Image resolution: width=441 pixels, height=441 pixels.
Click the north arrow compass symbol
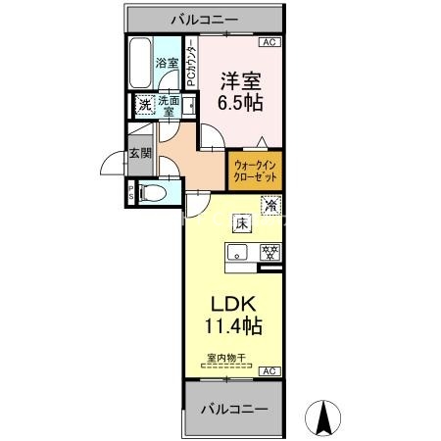[x=322, y=417]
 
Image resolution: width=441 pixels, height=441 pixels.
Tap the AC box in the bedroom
[x=269, y=42]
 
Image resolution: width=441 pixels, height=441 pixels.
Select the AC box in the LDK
[x=269, y=371]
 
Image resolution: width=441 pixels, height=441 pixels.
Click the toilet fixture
[x=153, y=193]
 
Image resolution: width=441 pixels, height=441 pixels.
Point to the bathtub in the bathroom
[x=140, y=63]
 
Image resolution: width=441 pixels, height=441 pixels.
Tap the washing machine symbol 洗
[x=145, y=105]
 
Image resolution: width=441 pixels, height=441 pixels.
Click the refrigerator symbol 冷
[x=270, y=205]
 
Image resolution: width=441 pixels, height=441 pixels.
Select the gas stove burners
[x=270, y=252]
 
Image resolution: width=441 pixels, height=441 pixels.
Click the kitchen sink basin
[x=237, y=253]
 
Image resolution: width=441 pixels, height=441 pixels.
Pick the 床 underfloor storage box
[x=242, y=223]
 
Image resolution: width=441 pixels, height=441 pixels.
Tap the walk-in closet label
[x=256, y=171]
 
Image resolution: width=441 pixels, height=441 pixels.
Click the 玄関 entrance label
[x=140, y=153]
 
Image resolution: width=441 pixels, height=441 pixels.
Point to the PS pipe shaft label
[x=131, y=193]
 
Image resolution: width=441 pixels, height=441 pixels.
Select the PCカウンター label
[x=192, y=64]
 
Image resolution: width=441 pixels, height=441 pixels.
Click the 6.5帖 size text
[x=240, y=103]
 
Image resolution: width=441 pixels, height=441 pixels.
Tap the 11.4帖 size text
[x=233, y=325]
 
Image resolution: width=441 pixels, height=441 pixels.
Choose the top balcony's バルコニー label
[x=205, y=20]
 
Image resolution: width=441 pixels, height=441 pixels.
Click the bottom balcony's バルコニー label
[x=234, y=409]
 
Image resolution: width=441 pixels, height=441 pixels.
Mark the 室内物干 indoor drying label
[x=226, y=358]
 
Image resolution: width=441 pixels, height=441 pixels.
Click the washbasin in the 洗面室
[x=189, y=105]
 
